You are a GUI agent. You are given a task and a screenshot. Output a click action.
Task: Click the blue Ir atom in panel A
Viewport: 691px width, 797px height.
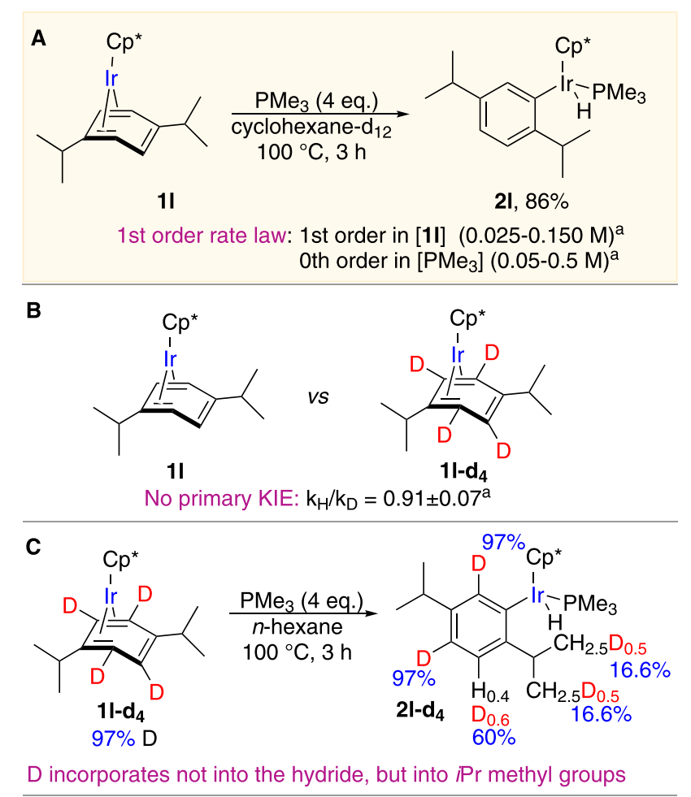(x=114, y=79)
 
